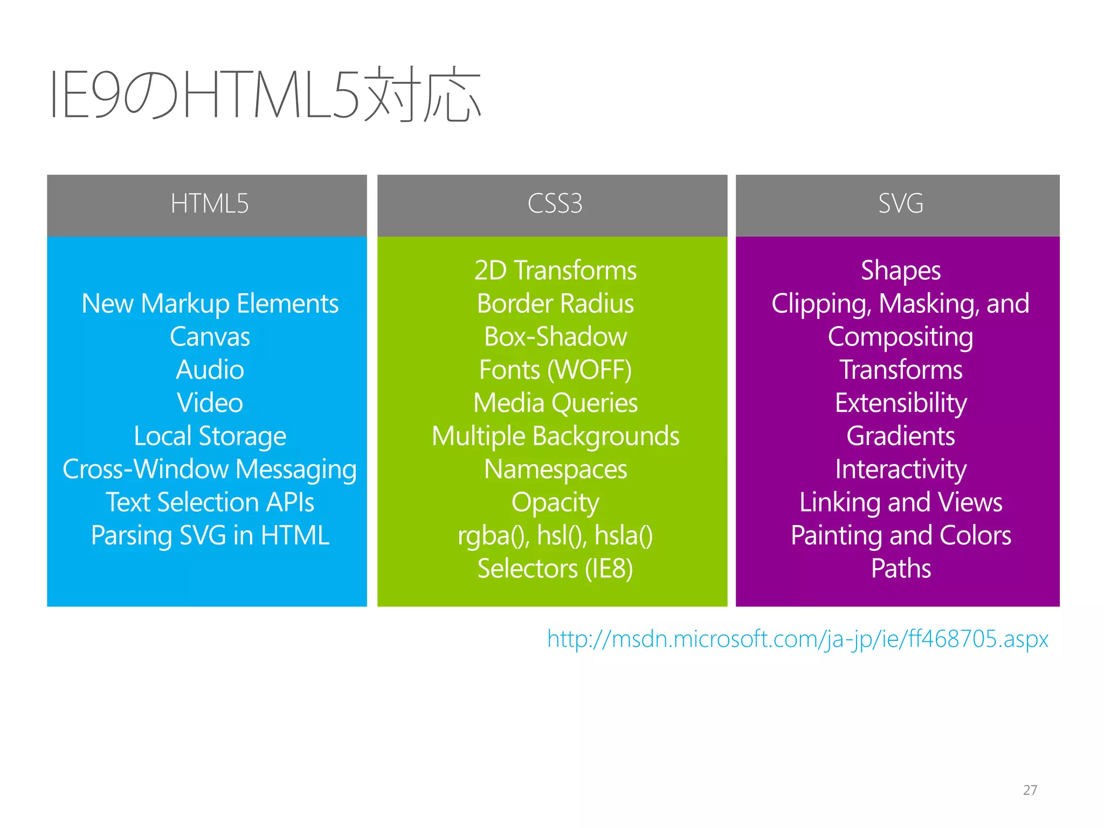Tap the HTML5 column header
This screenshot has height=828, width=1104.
click(x=209, y=204)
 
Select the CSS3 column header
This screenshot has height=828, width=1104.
click(x=555, y=204)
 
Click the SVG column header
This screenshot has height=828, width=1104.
click(x=900, y=204)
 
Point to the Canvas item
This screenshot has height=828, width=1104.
click(x=210, y=337)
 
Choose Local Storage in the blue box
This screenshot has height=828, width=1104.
click(x=210, y=436)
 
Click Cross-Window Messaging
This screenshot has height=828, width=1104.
click(x=210, y=470)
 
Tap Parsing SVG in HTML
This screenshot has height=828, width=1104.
click(x=210, y=536)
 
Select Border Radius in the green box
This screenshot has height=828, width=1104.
click(x=555, y=303)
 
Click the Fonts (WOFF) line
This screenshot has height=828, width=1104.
click(x=555, y=370)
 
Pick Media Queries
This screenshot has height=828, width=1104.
click(x=555, y=403)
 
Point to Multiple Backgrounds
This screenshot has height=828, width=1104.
click(x=555, y=436)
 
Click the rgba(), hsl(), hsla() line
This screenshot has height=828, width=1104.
click(x=555, y=536)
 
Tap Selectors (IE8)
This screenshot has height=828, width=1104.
click(x=555, y=569)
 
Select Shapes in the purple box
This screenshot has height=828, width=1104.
click(x=901, y=271)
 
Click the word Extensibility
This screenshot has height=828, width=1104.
click(x=901, y=403)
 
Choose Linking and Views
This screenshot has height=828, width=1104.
click(x=901, y=502)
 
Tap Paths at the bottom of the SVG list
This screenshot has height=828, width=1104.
click(x=901, y=569)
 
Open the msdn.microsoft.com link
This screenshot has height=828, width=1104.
click(x=798, y=639)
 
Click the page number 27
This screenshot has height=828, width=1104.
click(x=1030, y=790)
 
